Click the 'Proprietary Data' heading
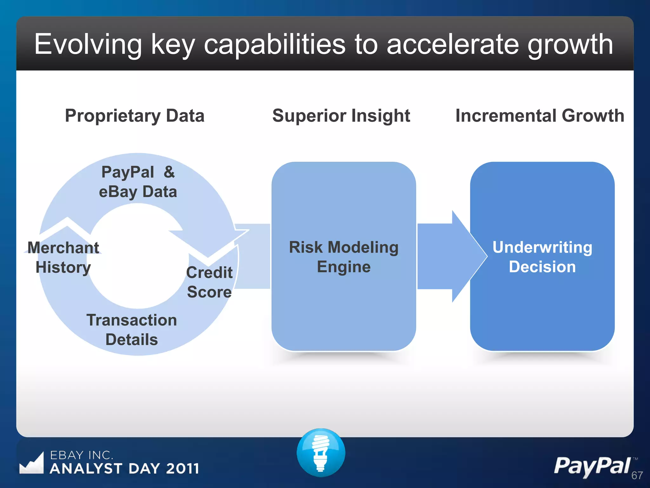pos(135,116)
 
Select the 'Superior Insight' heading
pos(341,116)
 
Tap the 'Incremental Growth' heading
pos(540,116)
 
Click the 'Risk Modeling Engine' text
pos(344,257)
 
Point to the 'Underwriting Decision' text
pos(542,257)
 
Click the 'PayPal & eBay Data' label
pos(138,182)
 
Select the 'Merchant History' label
pos(63,257)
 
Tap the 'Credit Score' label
pos(209,282)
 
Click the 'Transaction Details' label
pos(131,330)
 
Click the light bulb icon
pos(321,452)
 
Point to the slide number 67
pos(637,475)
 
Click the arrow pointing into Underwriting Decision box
pos(451,256)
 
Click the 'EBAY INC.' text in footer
pos(82,455)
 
